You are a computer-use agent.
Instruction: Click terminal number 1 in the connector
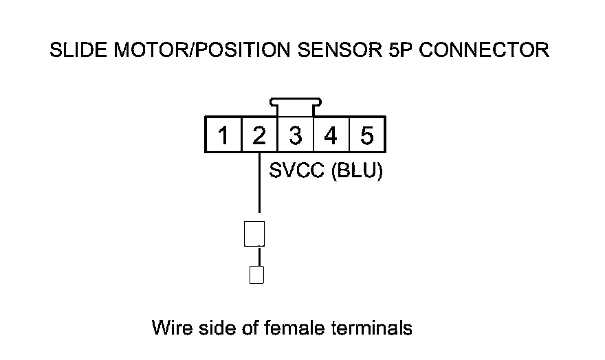[x=223, y=135]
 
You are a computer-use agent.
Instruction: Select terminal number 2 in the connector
[x=259, y=135]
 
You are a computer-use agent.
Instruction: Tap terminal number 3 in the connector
[x=295, y=135]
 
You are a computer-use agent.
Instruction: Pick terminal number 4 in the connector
[x=331, y=135]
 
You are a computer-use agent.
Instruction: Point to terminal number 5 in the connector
[x=367, y=135]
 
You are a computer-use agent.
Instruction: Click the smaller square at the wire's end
[x=256, y=275]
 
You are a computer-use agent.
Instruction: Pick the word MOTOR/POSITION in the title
[x=197, y=50]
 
